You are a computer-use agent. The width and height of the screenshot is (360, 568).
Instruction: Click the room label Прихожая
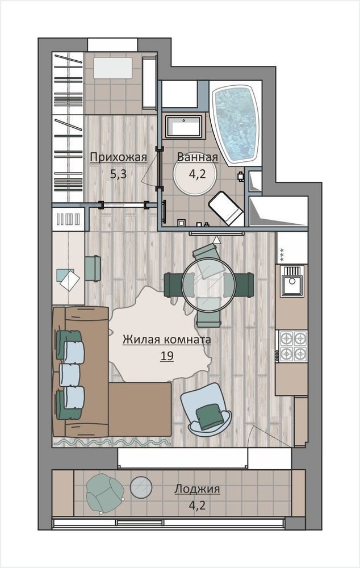(118, 157)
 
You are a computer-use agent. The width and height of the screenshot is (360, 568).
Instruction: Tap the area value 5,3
(118, 174)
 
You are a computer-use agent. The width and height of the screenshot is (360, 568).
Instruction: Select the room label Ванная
(198, 157)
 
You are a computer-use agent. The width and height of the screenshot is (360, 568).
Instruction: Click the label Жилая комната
(166, 340)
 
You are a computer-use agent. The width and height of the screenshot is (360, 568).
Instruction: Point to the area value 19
(167, 356)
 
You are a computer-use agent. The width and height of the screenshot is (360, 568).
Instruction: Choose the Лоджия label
(197, 489)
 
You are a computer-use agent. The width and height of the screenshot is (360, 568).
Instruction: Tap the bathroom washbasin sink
(183, 127)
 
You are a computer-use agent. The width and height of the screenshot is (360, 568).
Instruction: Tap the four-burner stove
(293, 346)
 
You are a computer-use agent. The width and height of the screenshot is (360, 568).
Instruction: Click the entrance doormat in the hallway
(113, 68)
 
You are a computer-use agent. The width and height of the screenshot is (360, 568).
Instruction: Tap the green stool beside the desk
(93, 269)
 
